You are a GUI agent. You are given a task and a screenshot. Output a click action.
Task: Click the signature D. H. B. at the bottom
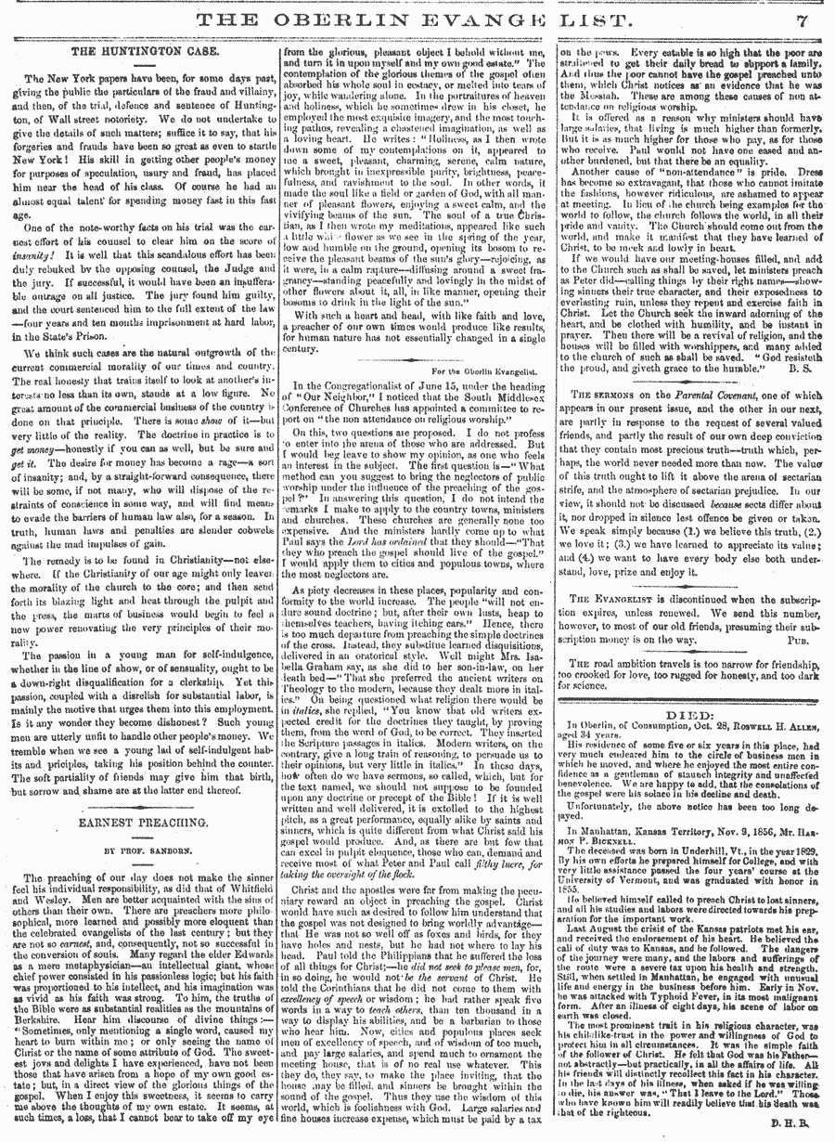(x=799, y=1125)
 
